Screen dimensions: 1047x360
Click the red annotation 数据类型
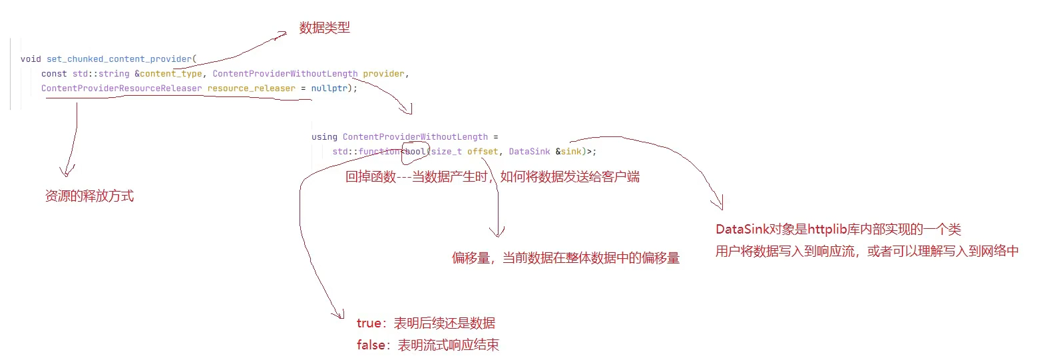[x=324, y=28]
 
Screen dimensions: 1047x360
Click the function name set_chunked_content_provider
[x=119, y=59]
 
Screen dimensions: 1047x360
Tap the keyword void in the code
[x=31, y=59]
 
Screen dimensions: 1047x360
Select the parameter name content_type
[x=171, y=74]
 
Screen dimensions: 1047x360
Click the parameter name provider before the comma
[x=383, y=74]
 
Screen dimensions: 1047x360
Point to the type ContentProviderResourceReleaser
[x=121, y=89]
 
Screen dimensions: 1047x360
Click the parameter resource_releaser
[x=251, y=89]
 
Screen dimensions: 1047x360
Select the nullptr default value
[x=329, y=89]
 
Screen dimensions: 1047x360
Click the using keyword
[x=324, y=137]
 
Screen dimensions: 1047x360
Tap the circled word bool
[x=415, y=152]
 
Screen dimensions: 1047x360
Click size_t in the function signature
[x=446, y=152]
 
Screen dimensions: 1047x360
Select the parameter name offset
[x=483, y=152]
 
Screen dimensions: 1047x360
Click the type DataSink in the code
[x=529, y=152]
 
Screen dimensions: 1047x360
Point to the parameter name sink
[x=571, y=152]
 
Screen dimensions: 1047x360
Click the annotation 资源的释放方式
[x=89, y=196]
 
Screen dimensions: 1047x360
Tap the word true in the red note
[x=369, y=323]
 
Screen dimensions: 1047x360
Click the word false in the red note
[x=371, y=345]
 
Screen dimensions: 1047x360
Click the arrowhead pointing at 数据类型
[x=282, y=33]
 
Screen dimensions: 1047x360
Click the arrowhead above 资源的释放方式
[x=67, y=171]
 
